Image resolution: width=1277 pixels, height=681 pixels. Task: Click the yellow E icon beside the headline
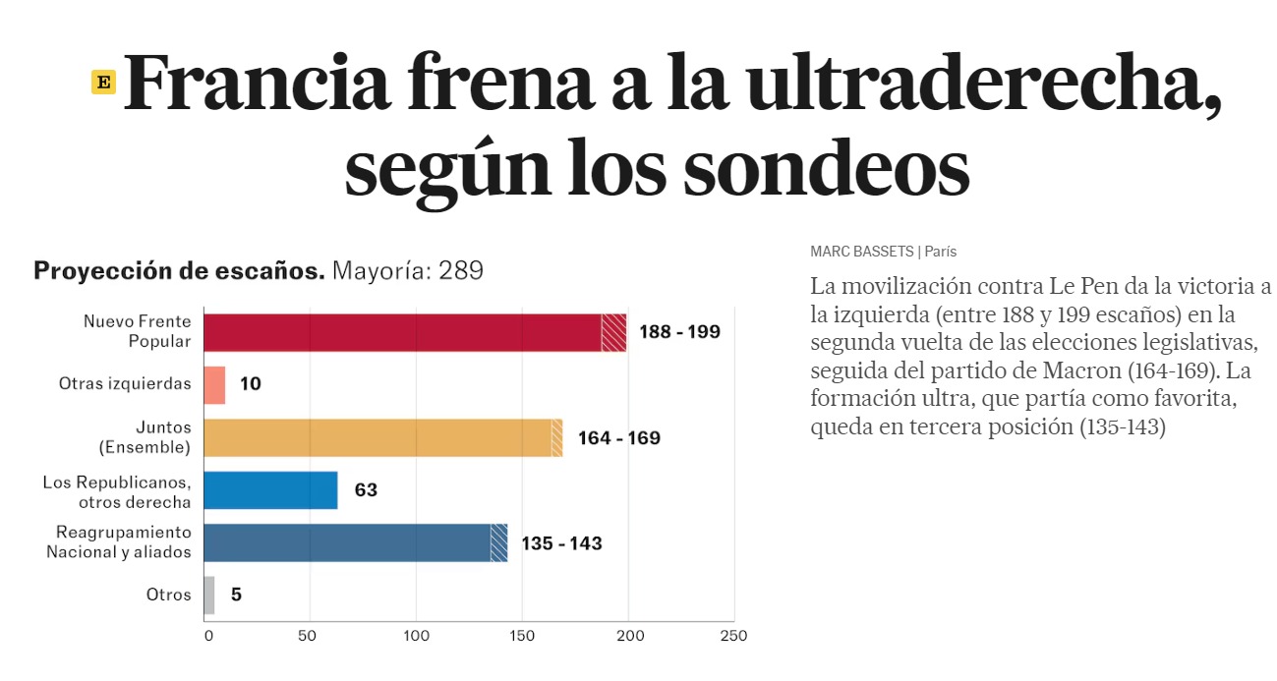[x=103, y=83]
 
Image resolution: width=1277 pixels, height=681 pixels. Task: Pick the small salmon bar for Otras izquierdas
[x=214, y=384]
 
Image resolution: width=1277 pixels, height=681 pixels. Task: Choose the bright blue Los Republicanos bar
[x=270, y=490]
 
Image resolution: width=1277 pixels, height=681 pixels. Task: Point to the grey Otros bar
[x=208, y=595]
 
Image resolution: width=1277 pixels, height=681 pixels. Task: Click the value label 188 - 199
[x=679, y=332]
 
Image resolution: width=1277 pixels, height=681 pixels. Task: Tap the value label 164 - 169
[x=618, y=438]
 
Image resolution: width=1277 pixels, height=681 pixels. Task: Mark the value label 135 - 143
[x=561, y=543]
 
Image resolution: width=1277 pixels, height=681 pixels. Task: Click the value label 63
[x=366, y=490]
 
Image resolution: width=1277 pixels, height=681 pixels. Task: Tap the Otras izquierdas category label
[x=125, y=384]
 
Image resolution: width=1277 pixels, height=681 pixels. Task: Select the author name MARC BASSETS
[x=861, y=252]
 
